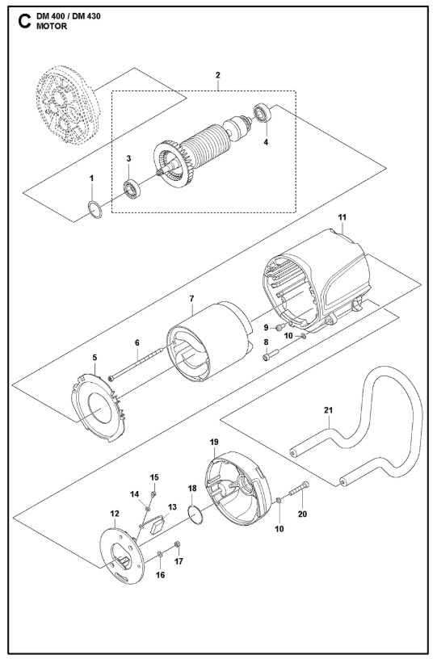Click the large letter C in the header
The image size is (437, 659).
[x=24, y=22]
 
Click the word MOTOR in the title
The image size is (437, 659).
[x=52, y=26]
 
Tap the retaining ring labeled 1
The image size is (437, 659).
[x=95, y=209]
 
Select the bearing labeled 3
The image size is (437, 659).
[x=132, y=189]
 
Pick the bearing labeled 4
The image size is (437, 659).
[x=263, y=113]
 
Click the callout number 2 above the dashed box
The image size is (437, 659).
[x=217, y=75]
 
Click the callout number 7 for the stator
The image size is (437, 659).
[x=191, y=299]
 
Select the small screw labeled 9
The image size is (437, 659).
[x=280, y=326]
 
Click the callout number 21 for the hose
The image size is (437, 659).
[x=328, y=409]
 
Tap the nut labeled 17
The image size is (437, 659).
[x=177, y=544]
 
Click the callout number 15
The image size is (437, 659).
[x=154, y=477]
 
